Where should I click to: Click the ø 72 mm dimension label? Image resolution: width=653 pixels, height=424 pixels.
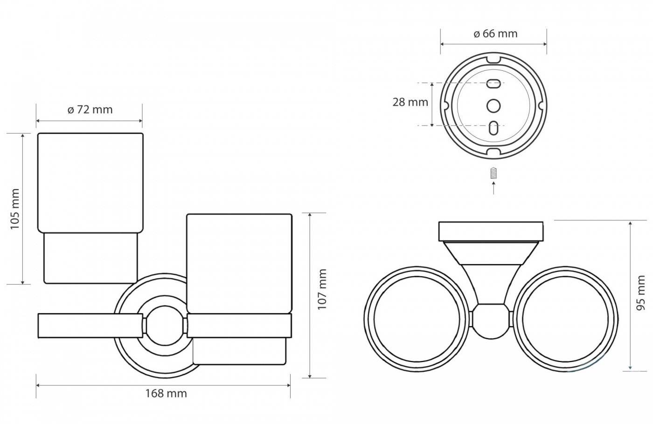pos(90,110)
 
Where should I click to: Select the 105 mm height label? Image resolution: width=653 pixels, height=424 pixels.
pos(15,209)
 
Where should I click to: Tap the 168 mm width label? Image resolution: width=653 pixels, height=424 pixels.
pos(166,393)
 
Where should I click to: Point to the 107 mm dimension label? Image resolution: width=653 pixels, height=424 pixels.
pos(322,289)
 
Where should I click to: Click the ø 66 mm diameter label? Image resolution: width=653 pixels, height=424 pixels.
pos(495,34)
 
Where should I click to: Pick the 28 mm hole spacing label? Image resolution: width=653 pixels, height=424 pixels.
pos(410,102)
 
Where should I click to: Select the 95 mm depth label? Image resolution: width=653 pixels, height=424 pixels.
pos(641,293)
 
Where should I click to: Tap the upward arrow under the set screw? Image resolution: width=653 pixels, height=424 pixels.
pos(493,187)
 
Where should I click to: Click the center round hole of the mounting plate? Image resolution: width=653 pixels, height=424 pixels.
pos(493,106)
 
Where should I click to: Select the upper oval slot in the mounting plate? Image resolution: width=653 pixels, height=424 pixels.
pos(493,83)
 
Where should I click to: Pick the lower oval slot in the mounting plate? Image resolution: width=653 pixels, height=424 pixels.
pos(493,128)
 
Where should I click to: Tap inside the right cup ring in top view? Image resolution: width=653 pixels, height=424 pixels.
pos(565,319)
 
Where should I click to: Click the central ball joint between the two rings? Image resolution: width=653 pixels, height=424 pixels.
pos(491,321)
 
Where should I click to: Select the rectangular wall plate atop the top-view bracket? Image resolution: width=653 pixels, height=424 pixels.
pos(491,232)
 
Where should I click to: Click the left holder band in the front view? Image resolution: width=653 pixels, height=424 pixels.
pos(90,326)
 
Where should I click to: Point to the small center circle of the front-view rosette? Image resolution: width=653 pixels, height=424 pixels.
pos(165,326)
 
